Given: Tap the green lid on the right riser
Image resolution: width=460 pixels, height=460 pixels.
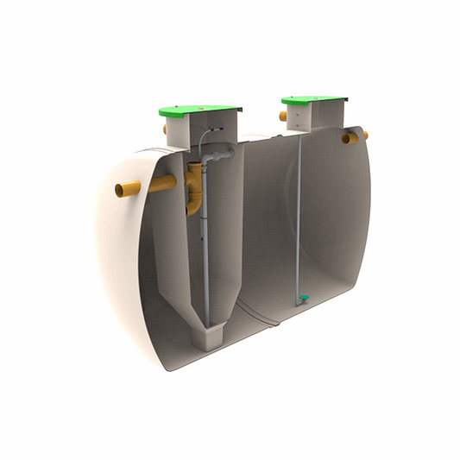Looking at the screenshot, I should [x=314, y=100].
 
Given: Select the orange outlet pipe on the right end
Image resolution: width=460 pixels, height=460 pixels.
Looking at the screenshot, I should [x=354, y=136].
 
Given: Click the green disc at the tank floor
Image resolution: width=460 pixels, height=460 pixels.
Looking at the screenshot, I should [x=304, y=299].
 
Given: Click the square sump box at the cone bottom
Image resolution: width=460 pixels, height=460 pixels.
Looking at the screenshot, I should [x=207, y=336].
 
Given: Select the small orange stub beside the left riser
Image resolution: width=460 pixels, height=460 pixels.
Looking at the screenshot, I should [x=165, y=129].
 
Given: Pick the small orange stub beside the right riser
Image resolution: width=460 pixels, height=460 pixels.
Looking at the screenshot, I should [x=283, y=116].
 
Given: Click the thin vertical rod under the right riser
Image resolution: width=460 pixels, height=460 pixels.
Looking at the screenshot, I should [x=299, y=216].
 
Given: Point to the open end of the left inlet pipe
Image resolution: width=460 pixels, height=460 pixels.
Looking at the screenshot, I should [x=121, y=190].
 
